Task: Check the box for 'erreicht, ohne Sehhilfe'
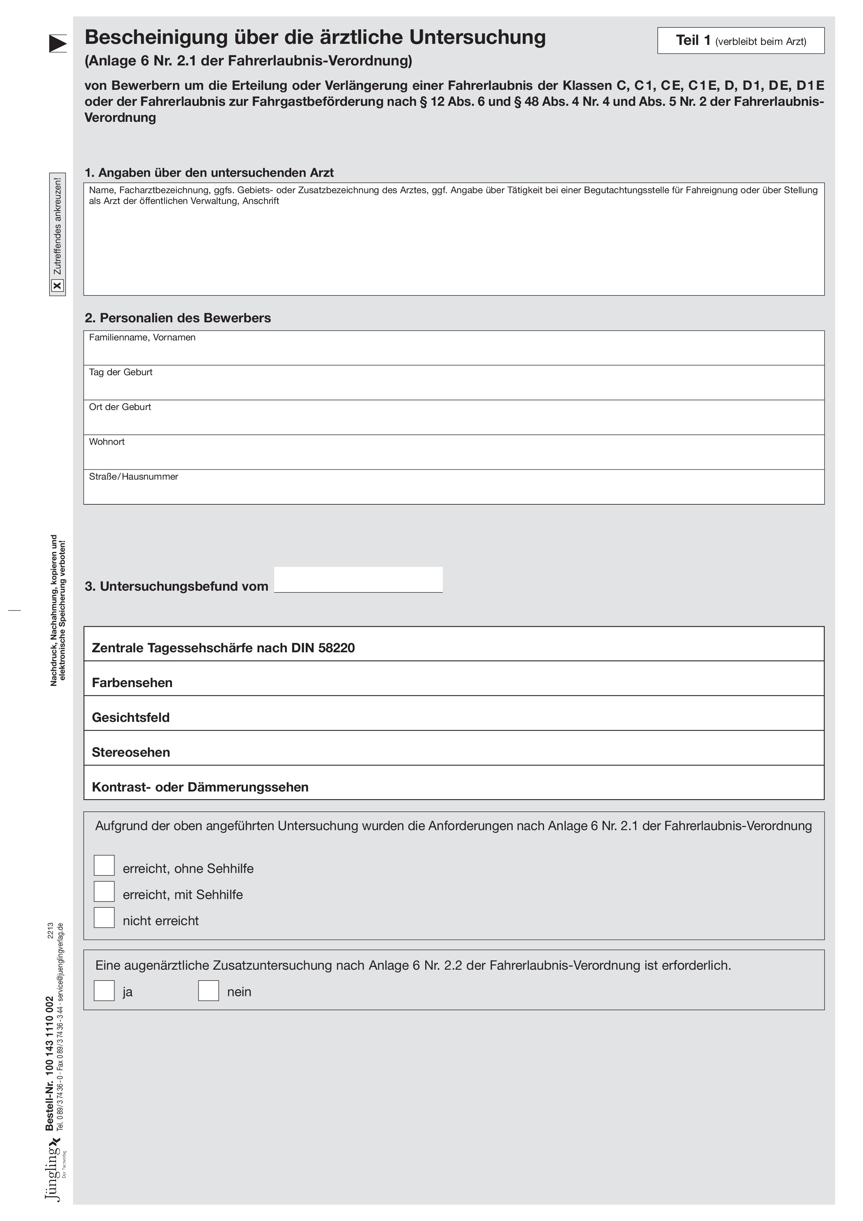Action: tap(104, 865)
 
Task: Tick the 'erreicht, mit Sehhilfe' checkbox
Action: tap(104, 891)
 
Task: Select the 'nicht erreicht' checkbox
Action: tap(104, 917)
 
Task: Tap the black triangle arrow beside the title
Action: tap(57, 44)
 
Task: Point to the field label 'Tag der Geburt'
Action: tap(121, 372)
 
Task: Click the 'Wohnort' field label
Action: tap(107, 442)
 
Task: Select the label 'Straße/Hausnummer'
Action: tap(134, 476)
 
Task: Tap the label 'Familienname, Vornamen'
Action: tap(142, 338)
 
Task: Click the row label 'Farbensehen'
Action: tap(132, 683)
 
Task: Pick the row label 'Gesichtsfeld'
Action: tap(131, 717)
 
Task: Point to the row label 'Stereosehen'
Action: tap(131, 753)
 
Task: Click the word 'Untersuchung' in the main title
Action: tap(477, 37)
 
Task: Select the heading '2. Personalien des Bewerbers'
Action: tap(177, 318)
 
